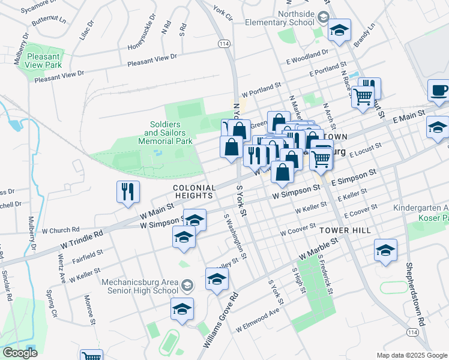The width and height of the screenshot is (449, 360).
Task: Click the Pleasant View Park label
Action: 44,61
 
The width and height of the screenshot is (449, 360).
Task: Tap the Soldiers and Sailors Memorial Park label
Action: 171,133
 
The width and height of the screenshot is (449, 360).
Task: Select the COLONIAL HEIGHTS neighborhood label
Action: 193,191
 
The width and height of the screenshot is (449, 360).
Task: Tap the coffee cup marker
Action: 439,91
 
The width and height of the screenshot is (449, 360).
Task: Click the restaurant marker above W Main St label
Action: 128,192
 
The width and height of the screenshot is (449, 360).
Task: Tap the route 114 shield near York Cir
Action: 224,44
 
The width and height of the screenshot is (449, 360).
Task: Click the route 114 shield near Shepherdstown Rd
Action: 412,332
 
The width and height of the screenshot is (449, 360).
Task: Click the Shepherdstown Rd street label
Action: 415,293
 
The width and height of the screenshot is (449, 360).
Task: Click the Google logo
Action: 19,353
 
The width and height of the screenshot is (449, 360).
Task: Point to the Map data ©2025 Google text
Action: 411,355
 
